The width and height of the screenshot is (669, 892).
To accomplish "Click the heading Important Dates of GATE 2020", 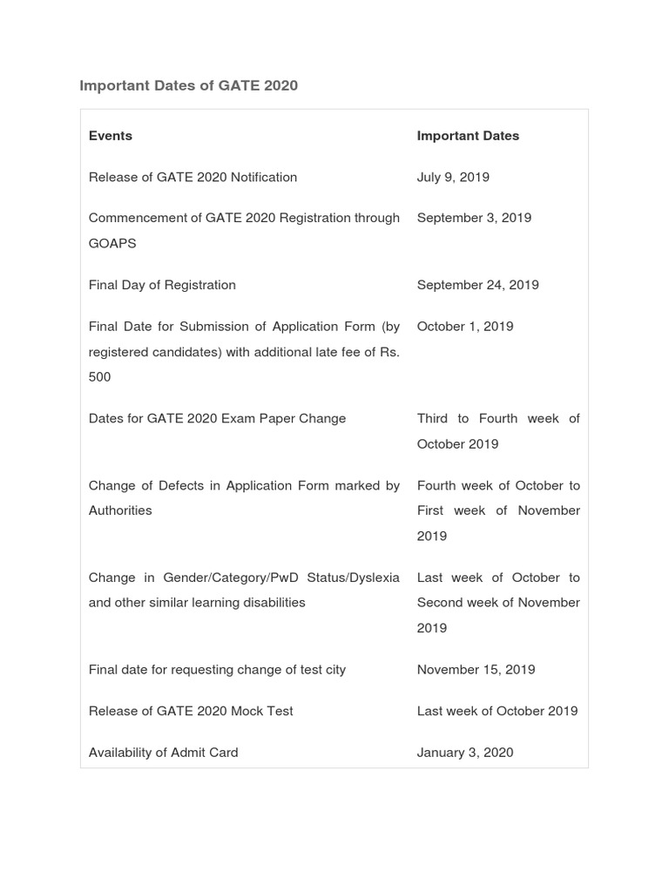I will point(188,85).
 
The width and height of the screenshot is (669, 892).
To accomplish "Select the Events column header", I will point(111,136).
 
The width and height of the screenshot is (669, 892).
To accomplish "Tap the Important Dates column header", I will point(468,136).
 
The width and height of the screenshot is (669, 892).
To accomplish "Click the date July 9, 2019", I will point(453,177).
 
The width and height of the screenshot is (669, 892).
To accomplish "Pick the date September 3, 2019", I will point(474,218).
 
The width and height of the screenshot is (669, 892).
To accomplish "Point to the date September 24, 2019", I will point(477,285).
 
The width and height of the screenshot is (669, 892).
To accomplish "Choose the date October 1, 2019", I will point(465,327).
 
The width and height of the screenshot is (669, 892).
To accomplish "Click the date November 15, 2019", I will point(476,670).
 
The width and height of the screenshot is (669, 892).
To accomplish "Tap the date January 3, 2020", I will point(465,753).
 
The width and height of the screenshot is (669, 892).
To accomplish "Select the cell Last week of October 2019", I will point(497,711).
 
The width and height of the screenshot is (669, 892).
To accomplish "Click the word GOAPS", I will point(112,243).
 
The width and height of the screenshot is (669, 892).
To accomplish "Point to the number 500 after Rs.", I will point(100,377).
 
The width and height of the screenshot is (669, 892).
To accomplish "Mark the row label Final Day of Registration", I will point(162,285).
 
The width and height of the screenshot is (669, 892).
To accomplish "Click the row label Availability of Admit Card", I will point(163,753).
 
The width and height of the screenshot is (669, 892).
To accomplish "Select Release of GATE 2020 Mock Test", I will point(191,711).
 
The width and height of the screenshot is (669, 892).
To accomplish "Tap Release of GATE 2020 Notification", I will point(193,177).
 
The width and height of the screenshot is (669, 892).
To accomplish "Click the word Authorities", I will point(120,510).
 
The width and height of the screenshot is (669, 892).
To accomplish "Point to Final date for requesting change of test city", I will point(217,670).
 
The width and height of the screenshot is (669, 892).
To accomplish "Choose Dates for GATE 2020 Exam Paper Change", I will point(217,418).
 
